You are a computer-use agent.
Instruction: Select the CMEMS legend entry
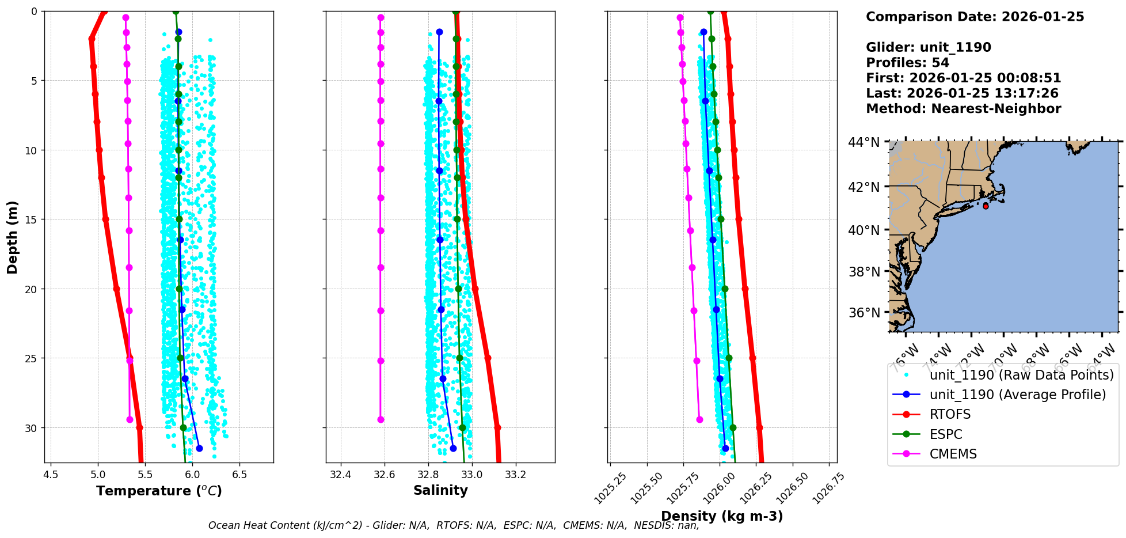pyautogui.click(x=953, y=454)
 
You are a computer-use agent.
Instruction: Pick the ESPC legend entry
pyautogui.click(x=945, y=434)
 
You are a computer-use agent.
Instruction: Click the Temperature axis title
pyautogui.click(x=159, y=491)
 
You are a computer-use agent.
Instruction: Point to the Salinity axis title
pyautogui.click(x=440, y=490)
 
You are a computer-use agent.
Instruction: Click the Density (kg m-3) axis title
pyautogui.click(x=722, y=516)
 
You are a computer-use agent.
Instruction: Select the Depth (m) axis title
pyautogui.click(x=13, y=237)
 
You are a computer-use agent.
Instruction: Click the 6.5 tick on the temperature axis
pyautogui.click(x=239, y=475)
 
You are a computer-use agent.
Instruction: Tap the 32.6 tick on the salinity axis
pyautogui.click(x=385, y=475)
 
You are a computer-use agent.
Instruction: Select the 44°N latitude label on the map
pyautogui.click(x=864, y=142)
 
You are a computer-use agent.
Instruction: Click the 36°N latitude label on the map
pyautogui.click(x=864, y=313)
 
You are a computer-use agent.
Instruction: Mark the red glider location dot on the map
pyautogui.click(x=986, y=206)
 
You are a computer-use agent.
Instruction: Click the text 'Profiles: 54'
pyautogui.click(x=907, y=63)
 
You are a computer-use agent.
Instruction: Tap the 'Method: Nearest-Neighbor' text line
pyautogui.click(x=963, y=109)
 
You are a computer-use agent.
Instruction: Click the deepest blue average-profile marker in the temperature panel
pyautogui.click(x=199, y=448)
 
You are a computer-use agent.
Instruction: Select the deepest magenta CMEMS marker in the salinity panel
pyautogui.click(x=381, y=419)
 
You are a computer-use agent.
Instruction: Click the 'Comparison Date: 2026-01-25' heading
pyautogui.click(x=975, y=17)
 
